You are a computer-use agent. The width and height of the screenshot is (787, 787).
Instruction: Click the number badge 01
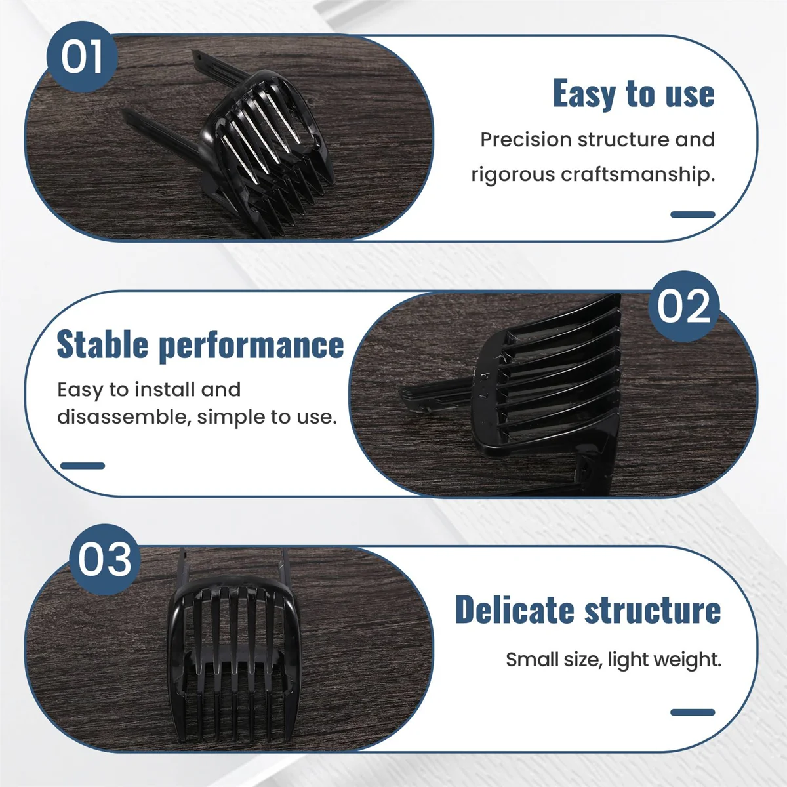[x=82, y=56]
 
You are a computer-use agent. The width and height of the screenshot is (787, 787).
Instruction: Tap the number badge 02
[x=683, y=306]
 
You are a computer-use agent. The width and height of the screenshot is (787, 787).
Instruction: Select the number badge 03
[x=105, y=559]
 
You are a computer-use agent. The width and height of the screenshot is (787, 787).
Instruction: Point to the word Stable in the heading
[x=102, y=344]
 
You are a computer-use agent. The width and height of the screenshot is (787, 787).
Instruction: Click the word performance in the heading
[x=252, y=346]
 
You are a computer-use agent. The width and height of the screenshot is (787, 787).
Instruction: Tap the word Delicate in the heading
[x=514, y=610]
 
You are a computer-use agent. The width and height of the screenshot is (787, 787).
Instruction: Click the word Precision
[x=526, y=140]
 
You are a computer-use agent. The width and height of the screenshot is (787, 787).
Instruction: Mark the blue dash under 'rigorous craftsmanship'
[x=693, y=214]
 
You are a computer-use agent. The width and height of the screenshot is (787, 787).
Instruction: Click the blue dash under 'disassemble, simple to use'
[x=83, y=466]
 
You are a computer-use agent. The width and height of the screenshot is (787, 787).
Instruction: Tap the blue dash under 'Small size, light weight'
[x=693, y=712]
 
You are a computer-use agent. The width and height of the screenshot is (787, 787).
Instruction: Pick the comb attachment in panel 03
[x=233, y=656]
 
